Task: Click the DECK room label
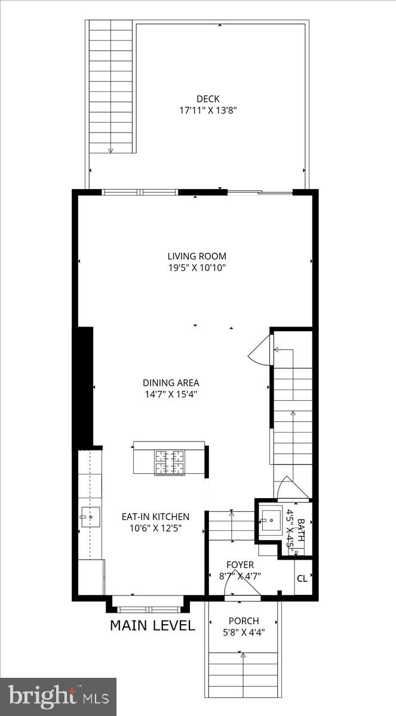(208, 99)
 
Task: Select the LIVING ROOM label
(197, 257)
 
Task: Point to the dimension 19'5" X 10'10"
(197, 268)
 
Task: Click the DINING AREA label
(171, 383)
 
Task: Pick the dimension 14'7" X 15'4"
(171, 394)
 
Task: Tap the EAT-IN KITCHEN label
(155, 517)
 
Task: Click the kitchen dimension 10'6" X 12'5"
(155, 527)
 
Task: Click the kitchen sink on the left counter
(91, 518)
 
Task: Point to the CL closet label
(302, 578)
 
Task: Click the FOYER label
(240, 564)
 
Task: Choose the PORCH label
(243, 621)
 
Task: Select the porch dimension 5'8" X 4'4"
(243, 632)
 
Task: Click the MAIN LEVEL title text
(152, 625)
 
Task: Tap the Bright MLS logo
(58, 696)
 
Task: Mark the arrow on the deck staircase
(110, 149)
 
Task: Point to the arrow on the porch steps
(242, 656)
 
